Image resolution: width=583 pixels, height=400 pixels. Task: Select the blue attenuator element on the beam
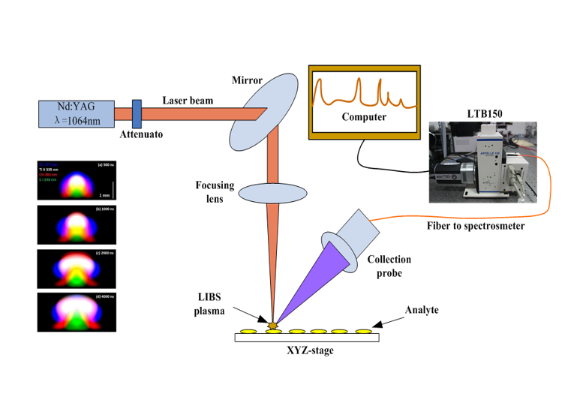click(x=137, y=114)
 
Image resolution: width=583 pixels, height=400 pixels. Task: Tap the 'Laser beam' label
click(x=188, y=100)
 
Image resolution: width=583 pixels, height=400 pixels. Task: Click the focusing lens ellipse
click(x=277, y=192)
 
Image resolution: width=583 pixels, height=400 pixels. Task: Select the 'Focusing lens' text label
click(x=216, y=192)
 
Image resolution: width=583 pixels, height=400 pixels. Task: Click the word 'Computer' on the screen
click(x=363, y=117)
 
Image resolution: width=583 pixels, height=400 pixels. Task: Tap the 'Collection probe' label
click(x=389, y=266)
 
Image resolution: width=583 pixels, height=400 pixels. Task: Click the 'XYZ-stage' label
click(x=308, y=351)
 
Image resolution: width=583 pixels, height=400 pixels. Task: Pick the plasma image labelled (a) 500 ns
click(x=77, y=179)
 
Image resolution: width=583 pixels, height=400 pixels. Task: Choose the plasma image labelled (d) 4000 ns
click(x=77, y=311)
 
